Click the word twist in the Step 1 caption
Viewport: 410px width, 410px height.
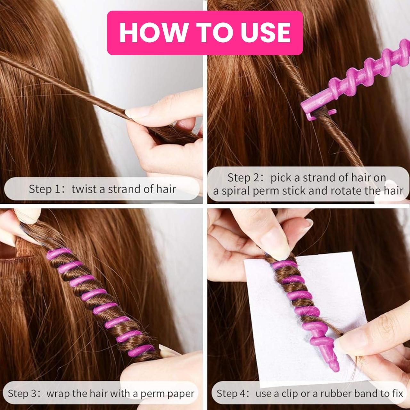[84, 189]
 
